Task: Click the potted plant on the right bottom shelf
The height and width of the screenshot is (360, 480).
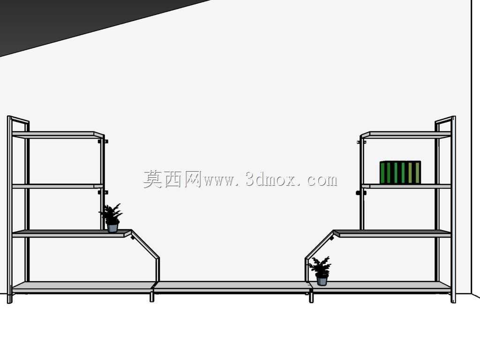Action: [x=320, y=271]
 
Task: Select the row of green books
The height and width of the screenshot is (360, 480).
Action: [x=400, y=172]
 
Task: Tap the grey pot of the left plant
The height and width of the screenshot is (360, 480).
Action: [x=112, y=228]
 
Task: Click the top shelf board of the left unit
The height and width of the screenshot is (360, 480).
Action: [x=58, y=135]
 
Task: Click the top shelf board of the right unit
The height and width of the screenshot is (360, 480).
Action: [x=405, y=135]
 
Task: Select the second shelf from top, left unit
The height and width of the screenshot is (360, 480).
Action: [x=58, y=186]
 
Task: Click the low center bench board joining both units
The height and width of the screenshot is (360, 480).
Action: [x=232, y=287]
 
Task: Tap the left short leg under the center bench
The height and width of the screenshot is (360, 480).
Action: [x=151, y=297]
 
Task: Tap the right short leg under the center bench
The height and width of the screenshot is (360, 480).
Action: [x=311, y=298]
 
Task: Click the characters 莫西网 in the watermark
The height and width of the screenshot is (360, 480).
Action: [x=172, y=179]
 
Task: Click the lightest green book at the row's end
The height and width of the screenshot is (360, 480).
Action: [x=418, y=172]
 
